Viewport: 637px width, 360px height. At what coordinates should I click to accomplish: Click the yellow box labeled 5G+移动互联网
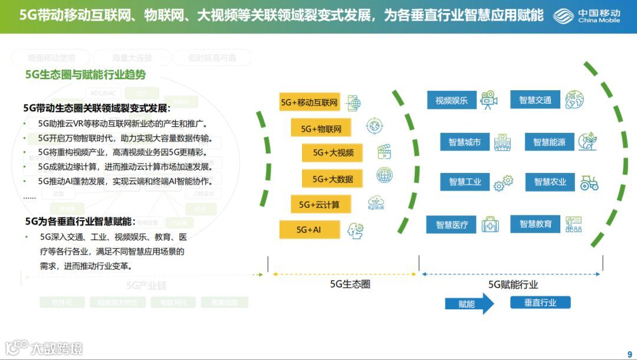[x=310, y=102]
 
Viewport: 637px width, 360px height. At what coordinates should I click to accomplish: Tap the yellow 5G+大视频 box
[x=332, y=152]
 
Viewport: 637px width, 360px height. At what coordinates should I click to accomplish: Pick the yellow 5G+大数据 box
[x=332, y=178]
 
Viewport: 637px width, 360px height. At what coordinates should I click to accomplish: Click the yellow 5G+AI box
[x=310, y=230]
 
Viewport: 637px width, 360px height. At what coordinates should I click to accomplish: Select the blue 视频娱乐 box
[x=451, y=100]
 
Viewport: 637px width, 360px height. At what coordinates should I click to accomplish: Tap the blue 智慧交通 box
[x=535, y=100]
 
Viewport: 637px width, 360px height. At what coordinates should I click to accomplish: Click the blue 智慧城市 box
[x=464, y=142]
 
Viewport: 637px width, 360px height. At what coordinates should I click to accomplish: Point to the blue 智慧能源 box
[x=549, y=142]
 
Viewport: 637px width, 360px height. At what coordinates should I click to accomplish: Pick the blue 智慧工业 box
[x=465, y=182]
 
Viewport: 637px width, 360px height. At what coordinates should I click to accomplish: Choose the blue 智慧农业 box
[x=550, y=182]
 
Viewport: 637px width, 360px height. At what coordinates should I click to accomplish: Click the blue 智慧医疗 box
[x=452, y=225]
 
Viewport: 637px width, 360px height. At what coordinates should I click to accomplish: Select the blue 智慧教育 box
[x=536, y=224]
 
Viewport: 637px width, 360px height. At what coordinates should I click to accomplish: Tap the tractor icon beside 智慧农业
[x=589, y=183]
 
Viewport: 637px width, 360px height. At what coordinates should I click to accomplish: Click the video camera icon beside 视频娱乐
[x=488, y=100]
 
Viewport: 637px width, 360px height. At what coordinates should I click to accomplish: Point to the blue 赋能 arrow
[x=469, y=304]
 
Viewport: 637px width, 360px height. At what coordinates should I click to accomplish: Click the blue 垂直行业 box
[x=540, y=303]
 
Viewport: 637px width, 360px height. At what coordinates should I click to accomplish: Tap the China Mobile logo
[x=587, y=16]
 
